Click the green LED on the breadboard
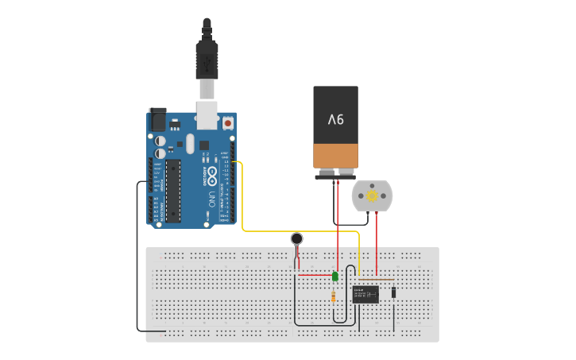[335, 277]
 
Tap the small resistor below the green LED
[333, 297]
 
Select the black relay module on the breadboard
[365, 294]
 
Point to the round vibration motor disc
[296, 238]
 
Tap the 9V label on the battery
[336, 119]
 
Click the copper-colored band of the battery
[336, 155]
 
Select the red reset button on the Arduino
[229, 124]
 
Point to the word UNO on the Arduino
[211, 199]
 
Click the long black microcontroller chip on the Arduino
[173, 191]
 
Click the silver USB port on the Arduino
[207, 115]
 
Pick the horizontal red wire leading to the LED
[314, 275]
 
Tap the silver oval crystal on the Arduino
[189, 143]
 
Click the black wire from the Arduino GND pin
[137, 262]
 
